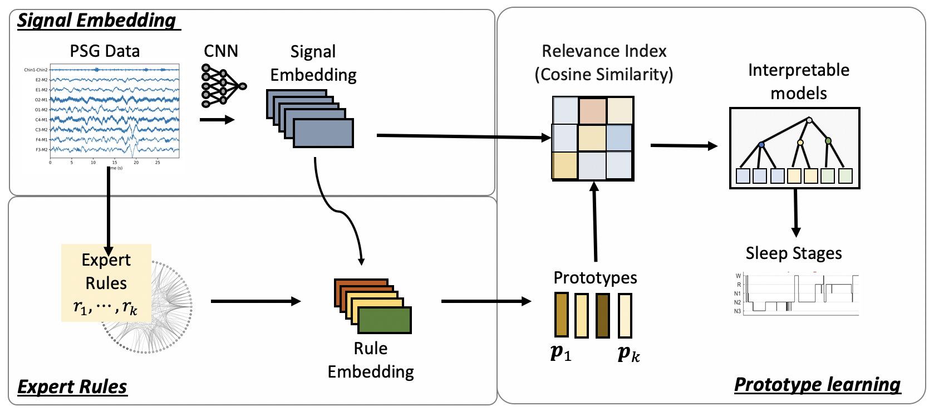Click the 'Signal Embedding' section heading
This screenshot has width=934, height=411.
(x=97, y=20)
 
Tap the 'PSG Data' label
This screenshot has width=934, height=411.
(x=105, y=51)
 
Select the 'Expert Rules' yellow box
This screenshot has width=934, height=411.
(x=106, y=283)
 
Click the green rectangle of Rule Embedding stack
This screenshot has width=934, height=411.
(x=384, y=320)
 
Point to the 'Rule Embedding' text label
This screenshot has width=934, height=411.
(x=370, y=360)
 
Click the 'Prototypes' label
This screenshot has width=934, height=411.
(x=595, y=277)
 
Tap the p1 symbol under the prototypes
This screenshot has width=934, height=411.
(x=561, y=353)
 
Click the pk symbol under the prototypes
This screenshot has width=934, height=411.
(x=629, y=353)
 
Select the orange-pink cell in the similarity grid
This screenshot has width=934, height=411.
(x=592, y=110)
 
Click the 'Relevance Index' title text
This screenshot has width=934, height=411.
(x=604, y=51)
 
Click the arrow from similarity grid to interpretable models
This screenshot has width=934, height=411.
(x=684, y=146)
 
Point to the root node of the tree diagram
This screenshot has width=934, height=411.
(x=809, y=120)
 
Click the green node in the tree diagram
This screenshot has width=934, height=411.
(x=828, y=140)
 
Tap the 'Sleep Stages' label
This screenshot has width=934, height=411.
(x=793, y=253)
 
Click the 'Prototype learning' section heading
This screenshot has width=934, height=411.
(x=817, y=385)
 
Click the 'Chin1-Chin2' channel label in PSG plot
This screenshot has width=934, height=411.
(x=36, y=70)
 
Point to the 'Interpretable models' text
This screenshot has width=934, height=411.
(x=798, y=81)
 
